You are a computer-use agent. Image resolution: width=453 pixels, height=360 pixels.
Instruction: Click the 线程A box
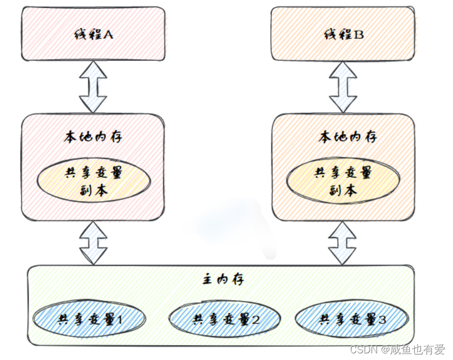92,34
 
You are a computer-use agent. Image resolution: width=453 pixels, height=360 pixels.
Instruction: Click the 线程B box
343,34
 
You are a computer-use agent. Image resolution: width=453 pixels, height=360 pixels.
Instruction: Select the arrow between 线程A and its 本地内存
93,88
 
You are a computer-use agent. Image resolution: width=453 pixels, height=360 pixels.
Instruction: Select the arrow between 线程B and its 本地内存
343,88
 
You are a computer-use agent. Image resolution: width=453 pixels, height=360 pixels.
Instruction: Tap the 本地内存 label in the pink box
93,136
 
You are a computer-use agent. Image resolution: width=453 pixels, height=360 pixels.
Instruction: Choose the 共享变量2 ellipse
224,319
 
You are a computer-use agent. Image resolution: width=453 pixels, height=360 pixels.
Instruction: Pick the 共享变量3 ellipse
352,319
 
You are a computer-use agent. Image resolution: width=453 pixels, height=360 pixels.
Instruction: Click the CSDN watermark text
364,350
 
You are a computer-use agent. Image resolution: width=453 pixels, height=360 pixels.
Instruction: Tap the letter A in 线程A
109,34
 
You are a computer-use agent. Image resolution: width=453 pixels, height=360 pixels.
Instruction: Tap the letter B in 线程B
359,34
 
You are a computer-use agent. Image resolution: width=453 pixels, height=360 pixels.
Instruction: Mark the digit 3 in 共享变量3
382,319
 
